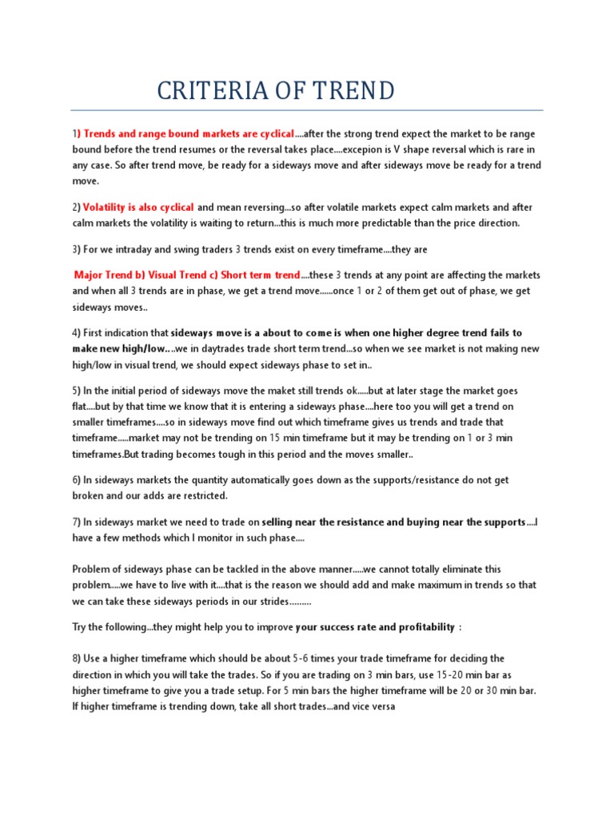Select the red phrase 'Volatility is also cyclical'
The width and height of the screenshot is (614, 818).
pos(138,207)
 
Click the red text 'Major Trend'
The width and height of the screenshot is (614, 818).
pos(102,274)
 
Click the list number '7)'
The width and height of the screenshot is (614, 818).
pos(77,522)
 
